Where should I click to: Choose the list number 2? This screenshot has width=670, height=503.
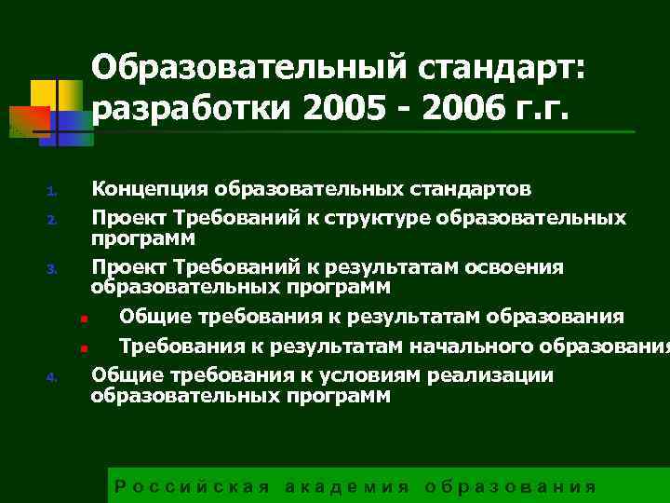(53, 222)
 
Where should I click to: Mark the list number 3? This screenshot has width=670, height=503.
(53, 271)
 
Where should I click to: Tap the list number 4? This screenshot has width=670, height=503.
(53, 378)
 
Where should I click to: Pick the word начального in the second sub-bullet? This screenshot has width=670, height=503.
(467, 347)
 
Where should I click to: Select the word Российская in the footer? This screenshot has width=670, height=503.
(192, 487)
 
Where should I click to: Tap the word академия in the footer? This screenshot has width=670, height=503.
(346, 487)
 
